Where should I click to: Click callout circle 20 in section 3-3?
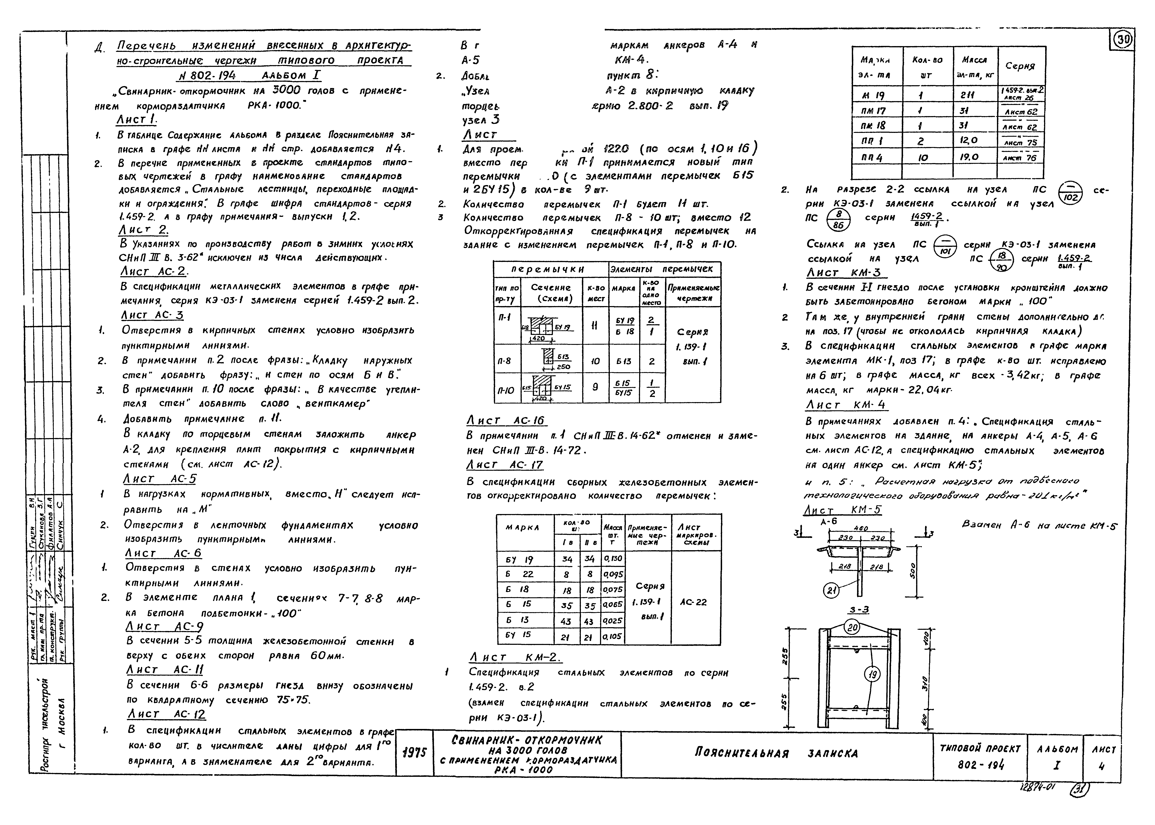[x=852, y=628]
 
